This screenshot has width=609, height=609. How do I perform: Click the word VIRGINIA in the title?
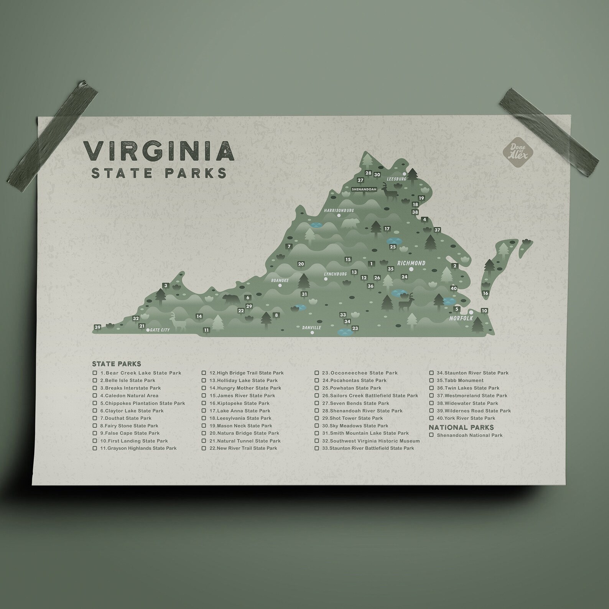pyautogui.click(x=158, y=151)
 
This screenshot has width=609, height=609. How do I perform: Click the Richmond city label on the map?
pyautogui.click(x=411, y=263)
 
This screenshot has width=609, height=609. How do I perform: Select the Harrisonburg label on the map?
pyautogui.click(x=339, y=211)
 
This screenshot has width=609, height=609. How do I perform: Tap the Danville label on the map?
pyautogui.click(x=311, y=328)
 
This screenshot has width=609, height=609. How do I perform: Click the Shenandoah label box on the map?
pyautogui.click(x=364, y=189)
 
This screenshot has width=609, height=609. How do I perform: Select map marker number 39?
pyautogui.click(x=97, y=327)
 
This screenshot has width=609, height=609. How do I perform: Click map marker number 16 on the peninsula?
pyautogui.click(x=486, y=293)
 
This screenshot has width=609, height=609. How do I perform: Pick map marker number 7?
pyautogui.click(x=289, y=247)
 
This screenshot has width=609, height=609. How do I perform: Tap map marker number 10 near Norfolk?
pyautogui.click(x=484, y=311)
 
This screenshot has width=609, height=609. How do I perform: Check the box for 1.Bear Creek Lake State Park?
pyautogui.click(x=95, y=373)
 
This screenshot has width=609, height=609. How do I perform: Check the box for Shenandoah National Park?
pyautogui.click(x=431, y=435)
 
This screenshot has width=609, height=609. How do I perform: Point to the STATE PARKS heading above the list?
pyautogui.click(x=117, y=364)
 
